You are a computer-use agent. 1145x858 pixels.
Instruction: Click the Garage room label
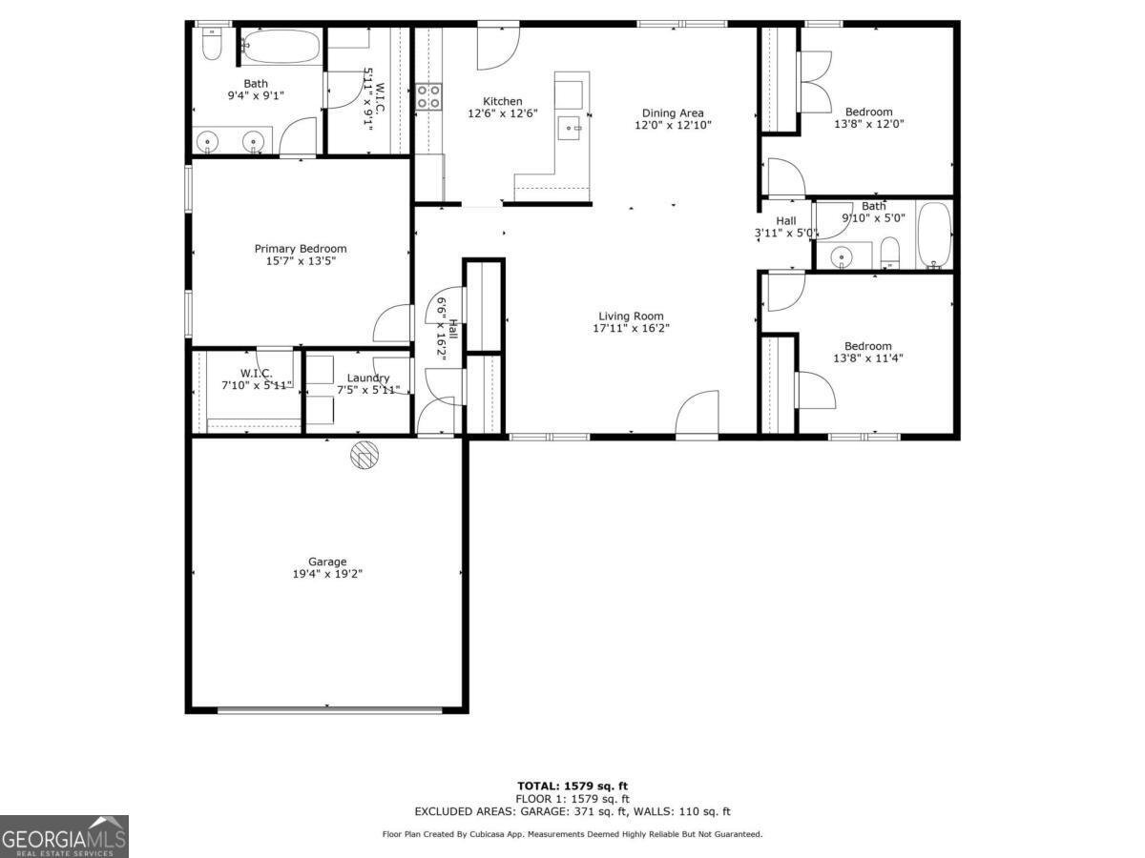coord(326,562)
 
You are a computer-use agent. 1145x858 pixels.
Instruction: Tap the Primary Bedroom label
coord(300,249)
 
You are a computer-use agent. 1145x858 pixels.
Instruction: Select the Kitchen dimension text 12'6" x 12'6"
coord(502,113)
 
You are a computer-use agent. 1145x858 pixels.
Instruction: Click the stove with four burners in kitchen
coord(428,96)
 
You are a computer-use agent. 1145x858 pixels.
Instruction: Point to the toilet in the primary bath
coord(212,44)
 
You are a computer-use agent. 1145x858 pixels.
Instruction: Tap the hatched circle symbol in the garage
coord(364,455)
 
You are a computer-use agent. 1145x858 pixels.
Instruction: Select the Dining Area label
coord(673,112)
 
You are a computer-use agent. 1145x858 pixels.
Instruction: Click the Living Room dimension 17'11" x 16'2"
coord(631,329)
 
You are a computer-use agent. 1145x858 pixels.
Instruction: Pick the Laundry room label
coord(367,378)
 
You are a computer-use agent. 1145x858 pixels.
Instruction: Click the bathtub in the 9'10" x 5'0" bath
coord(933,235)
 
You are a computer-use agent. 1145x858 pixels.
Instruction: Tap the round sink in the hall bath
coord(842,255)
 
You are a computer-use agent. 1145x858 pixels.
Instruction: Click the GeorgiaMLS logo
coord(64,836)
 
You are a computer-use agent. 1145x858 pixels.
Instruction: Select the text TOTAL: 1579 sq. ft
coord(572,786)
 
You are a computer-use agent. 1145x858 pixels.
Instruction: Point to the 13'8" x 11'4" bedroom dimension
coord(867,358)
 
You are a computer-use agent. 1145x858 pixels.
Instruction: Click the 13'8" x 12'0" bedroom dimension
coord(868,124)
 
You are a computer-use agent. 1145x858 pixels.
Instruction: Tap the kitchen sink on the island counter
coord(572,127)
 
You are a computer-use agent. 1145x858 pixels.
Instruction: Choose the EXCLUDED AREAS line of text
coord(572,811)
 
